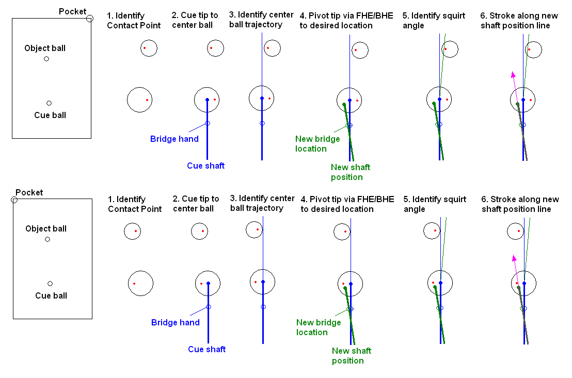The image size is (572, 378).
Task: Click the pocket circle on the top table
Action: pos(90,19)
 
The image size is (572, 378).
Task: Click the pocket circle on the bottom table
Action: pos(14,200)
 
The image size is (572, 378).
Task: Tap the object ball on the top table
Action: pos(46,59)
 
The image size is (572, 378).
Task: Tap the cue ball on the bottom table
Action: pos(50,284)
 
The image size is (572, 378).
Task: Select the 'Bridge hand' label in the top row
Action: pos(174,139)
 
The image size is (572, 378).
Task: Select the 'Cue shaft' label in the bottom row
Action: pos(206,349)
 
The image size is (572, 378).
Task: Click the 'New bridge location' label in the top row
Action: pos(317,144)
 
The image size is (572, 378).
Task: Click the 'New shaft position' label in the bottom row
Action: pos(351,356)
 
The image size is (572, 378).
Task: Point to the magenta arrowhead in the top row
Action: pos(513,74)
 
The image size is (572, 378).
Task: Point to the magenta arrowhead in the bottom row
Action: pos(514,258)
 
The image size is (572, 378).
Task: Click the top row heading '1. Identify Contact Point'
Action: pos(134,20)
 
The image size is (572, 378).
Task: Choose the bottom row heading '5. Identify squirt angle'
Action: pos(435,204)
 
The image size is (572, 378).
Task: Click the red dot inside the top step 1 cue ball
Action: pos(147,100)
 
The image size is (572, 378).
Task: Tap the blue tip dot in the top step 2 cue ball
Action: pos(207,100)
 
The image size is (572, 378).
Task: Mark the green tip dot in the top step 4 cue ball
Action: pos(344,105)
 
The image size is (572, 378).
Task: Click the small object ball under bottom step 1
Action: pos(133,232)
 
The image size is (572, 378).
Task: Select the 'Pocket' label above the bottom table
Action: pos(29,192)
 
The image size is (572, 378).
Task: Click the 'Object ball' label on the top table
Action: pos(45,48)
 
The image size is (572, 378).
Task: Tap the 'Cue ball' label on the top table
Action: pos(50,115)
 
